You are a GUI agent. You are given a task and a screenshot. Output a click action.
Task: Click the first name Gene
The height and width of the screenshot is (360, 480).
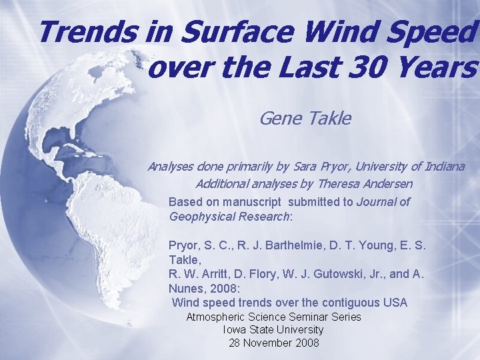pos(281,119)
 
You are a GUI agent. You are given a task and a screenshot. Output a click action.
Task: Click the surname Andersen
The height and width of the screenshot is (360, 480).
pos(387,183)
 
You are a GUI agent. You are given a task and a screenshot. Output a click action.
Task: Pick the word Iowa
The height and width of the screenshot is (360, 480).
pos(233,329)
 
